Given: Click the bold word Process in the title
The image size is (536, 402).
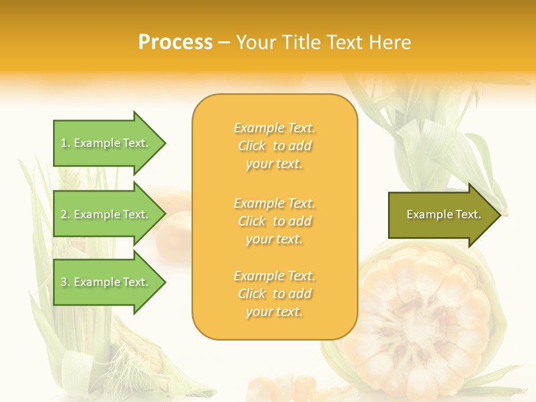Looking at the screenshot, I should point(175,42).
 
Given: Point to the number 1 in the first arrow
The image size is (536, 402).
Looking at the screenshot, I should point(64,143).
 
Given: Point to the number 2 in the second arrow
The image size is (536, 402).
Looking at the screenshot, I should point(64,214).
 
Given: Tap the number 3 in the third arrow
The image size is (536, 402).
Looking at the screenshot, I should point(64,282).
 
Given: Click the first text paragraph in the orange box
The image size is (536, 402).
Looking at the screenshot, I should point(274,146).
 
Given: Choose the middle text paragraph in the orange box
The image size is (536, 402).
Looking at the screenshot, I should point(274,221).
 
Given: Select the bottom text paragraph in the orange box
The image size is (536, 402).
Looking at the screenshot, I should point(274,294).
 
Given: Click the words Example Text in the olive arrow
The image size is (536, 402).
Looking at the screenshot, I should point(443,214).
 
